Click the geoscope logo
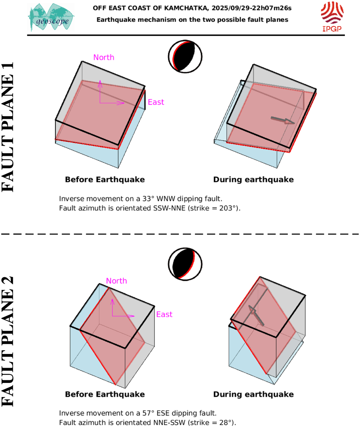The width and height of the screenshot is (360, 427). pyautogui.click(x=51, y=17)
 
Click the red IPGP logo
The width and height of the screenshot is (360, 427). pyautogui.click(x=332, y=16)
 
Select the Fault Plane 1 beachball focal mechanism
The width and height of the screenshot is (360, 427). pyautogui.click(x=185, y=57)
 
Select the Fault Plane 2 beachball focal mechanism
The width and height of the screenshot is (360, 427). pyautogui.click(x=185, y=264)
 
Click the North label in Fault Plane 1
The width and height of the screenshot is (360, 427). pyautogui.click(x=104, y=58)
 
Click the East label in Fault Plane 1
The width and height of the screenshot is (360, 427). pyautogui.click(x=156, y=102)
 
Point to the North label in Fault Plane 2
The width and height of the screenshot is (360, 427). pyautogui.click(x=116, y=281)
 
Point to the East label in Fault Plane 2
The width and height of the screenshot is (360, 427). pyautogui.click(x=164, y=314)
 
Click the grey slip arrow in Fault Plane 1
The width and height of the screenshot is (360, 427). pyautogui.click(x=283, y=120)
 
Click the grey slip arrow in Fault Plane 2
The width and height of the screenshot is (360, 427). pyautogui.click(x=256, y=315)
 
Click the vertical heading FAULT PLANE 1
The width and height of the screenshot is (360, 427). pyautogui.click(x=8, y=127)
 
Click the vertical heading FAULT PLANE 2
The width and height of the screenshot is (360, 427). pyautogui.click(x=8, y=342)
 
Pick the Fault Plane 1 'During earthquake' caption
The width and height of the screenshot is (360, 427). pyautogui.click(x=253, y=180)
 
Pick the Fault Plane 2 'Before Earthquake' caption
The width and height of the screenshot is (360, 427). pyautogui.click(x=105, y=394)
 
